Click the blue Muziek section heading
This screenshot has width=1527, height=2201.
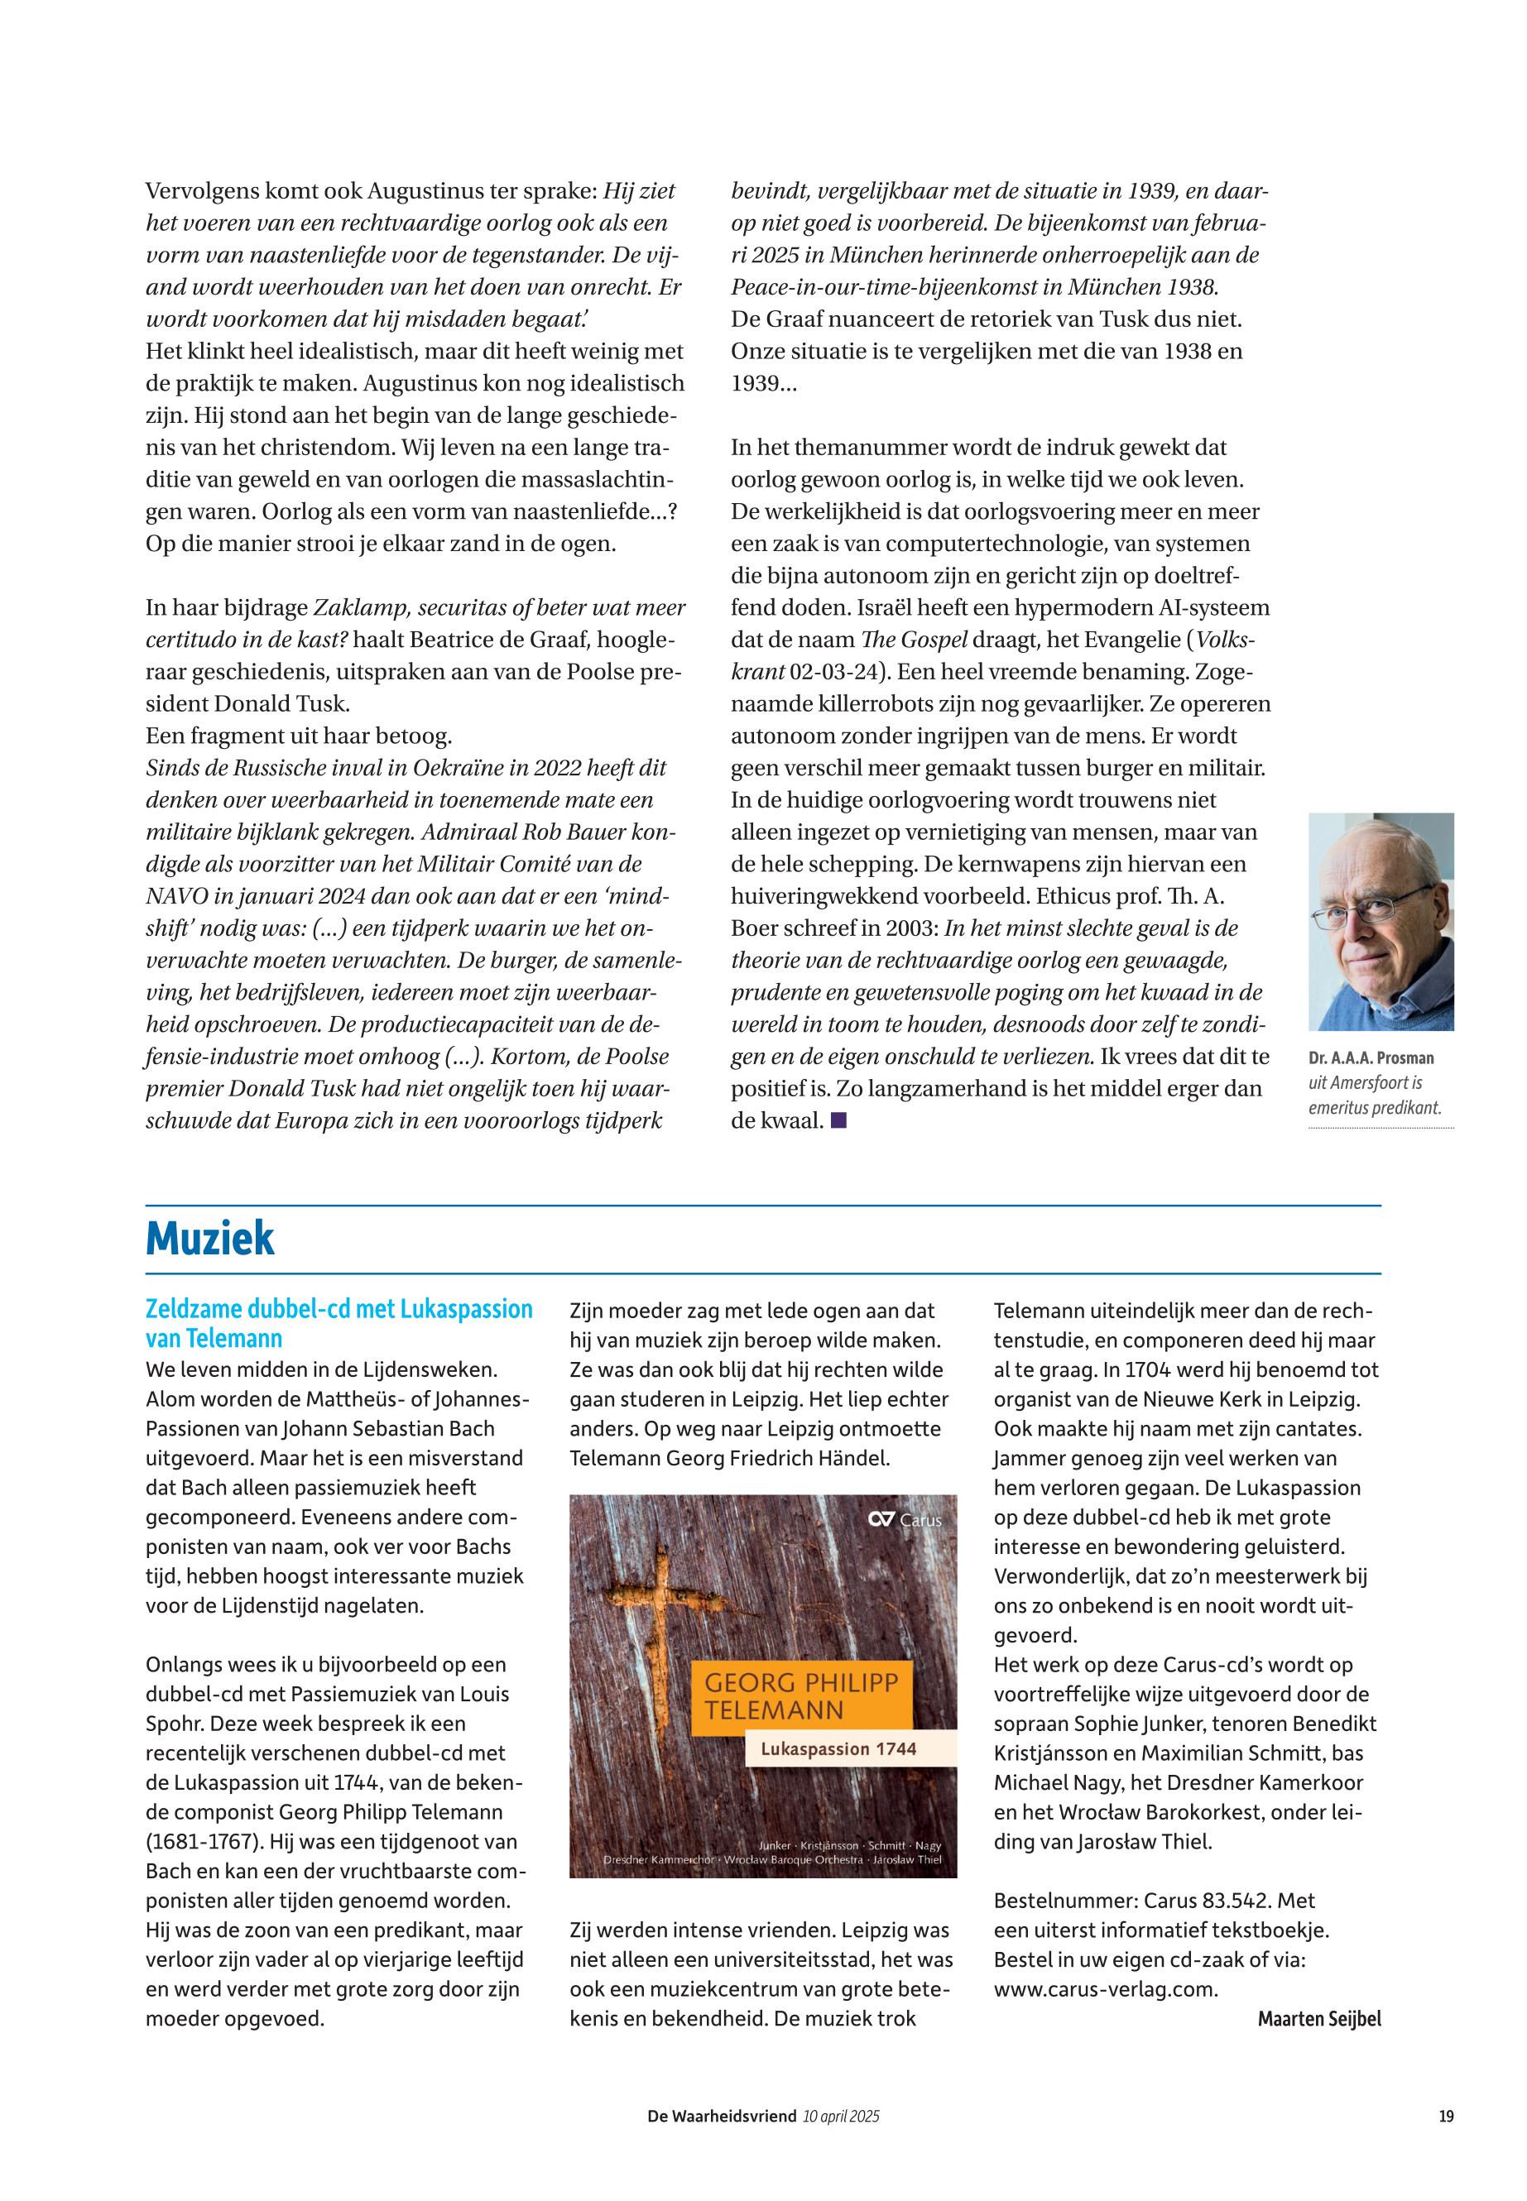point(209,1239)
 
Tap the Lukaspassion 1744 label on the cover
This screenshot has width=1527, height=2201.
point(838,1748)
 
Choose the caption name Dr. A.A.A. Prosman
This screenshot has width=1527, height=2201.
point(1371,1059)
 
